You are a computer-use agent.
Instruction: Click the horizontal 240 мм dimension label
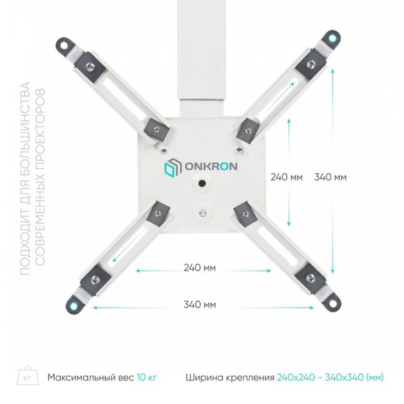click(x=200, y=269)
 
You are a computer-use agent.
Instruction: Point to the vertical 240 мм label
click(x=286, y=178)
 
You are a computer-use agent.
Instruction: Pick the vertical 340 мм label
click(x=330, y=178)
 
